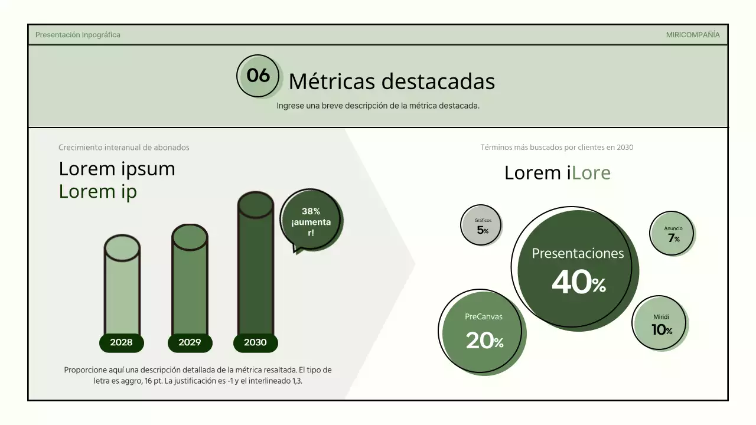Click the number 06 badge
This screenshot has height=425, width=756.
(x=258, y=76)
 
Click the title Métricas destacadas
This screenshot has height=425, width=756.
(x=391, y=81)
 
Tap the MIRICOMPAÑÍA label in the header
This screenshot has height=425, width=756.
(x=692, y=35)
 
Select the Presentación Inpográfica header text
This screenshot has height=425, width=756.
(x=77, y=35)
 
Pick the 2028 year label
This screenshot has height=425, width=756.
(x=121, y=342)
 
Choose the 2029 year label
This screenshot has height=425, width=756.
(x=190, y=342)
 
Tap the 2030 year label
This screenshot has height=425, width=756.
(x=255, y=342)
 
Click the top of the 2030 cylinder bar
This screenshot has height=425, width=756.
(x=255, y=204)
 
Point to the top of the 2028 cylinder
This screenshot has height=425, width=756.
(x=122, y=248)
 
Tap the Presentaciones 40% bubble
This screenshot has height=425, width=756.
(x=577, y=269)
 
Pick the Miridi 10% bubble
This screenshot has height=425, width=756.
(x=661, y=324)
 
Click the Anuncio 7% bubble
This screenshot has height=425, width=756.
(x=673, y=233)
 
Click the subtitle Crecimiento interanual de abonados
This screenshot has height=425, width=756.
(x=124, y=148)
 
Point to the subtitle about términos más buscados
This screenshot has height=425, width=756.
(x=556, y=148)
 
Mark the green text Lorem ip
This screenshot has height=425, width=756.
(x=97, y=191)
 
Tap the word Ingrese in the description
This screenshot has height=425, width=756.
(x=289, y=106)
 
